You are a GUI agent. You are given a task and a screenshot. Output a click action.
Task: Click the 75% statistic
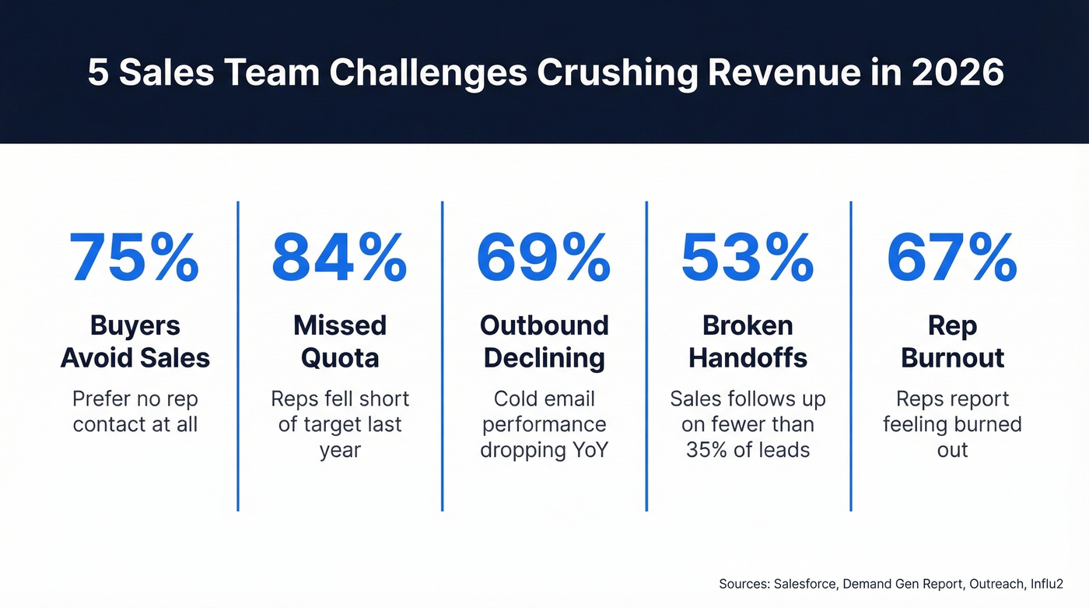[135, 258]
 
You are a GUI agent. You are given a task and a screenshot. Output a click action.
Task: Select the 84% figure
[339, 258]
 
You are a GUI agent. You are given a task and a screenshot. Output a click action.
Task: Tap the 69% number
[544, 258]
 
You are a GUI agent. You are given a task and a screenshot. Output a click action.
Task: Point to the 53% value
[748, 258]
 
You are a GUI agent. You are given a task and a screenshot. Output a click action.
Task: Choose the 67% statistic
[952, 258]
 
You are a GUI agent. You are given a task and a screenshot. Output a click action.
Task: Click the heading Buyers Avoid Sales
[135, 342]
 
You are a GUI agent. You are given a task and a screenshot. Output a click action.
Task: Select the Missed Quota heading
[340, 342]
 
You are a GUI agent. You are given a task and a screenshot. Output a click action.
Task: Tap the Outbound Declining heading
[544, 342]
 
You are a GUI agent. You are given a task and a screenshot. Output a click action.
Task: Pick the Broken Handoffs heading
[748, 342]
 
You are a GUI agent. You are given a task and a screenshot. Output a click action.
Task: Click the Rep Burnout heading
[952, 342]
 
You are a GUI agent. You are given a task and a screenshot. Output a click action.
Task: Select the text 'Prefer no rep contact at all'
[135, 412]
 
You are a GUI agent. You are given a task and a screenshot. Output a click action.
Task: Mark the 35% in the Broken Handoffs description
[707, 450]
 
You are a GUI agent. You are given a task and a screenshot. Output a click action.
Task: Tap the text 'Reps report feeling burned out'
[952, 424]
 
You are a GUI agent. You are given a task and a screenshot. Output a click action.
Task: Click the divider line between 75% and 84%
[238, 356]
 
